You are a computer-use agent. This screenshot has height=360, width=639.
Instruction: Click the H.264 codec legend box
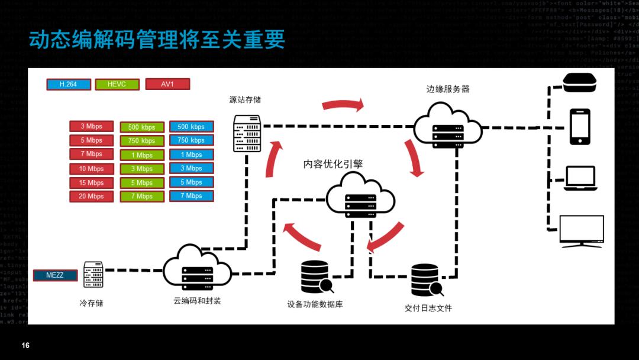(68, 85)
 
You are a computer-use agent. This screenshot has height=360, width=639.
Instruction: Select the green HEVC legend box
(117, 85)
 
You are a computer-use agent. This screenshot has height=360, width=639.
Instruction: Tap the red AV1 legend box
(167, 85)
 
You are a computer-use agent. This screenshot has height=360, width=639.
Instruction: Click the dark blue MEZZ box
(55, 275)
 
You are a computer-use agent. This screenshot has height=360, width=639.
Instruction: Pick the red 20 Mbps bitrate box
(92, 197)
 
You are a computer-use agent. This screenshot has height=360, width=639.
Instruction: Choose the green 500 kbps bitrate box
(141, 127)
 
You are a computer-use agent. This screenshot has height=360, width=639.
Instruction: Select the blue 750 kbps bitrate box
(191, 140)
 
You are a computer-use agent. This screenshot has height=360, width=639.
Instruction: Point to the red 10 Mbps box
(92, 169)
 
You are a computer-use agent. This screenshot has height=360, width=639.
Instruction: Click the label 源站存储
(245, 99)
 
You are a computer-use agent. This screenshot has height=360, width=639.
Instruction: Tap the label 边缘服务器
(448, 89)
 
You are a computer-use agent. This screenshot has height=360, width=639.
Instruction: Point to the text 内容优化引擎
(333, 164)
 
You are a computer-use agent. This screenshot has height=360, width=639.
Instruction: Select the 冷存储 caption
(91, 303)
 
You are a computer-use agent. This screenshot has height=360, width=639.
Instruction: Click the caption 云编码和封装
(197, 301)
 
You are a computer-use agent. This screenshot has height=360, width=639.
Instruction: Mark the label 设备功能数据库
(315, 304)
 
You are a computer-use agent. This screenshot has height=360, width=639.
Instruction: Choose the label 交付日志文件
(428, 308)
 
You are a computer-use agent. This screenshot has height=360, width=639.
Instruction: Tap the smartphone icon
(580, 126)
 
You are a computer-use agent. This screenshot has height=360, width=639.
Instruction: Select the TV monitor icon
(582, 232)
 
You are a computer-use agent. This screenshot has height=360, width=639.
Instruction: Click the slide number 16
(25, 345)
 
